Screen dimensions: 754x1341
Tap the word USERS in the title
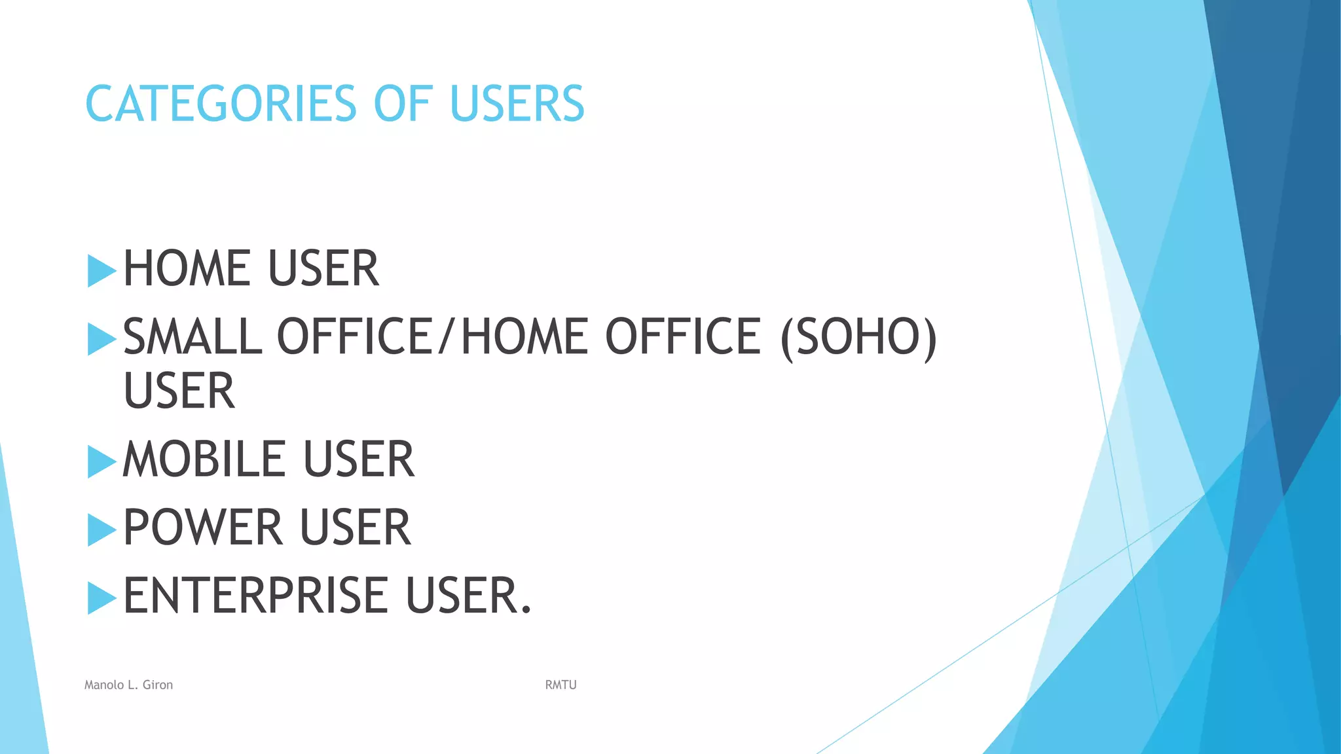(x=517, y=104)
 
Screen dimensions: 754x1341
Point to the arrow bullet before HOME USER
(x=101, y=271)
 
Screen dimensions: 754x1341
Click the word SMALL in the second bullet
(x=193, y=336)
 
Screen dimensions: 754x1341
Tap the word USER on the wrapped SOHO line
(x=179, y=391)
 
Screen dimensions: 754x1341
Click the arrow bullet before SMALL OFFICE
(x=101, y=339)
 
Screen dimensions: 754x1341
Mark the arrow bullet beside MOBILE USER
(x=101, y=461)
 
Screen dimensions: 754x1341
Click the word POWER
(x=202, y=528)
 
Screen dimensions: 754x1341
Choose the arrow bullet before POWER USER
(x=101, y=530)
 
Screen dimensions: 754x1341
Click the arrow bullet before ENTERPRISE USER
(x=101, y=598)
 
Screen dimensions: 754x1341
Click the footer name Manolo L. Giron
(x=128, y=685)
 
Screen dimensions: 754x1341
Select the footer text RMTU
(x=560, y=685)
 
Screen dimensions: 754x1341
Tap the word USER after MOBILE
(x=358, y=459)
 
